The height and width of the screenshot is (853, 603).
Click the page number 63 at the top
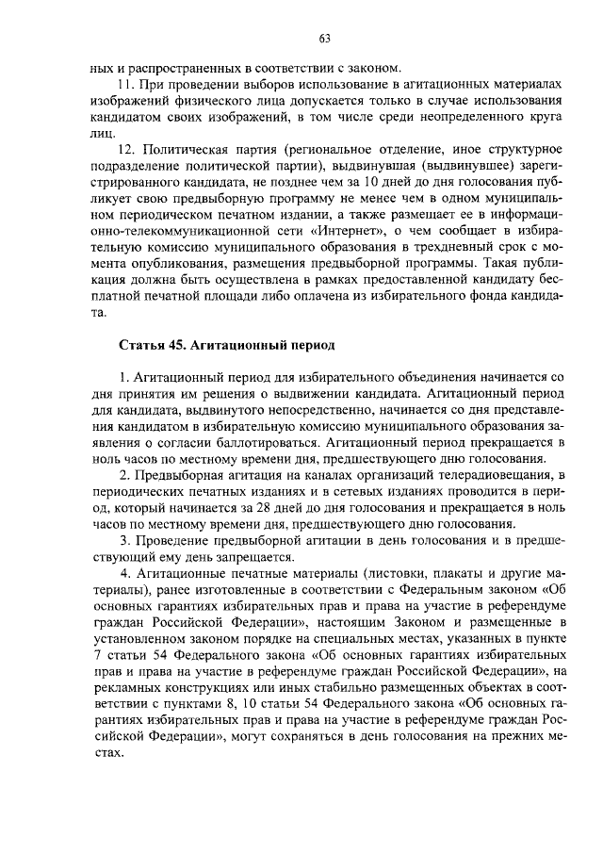(324, 39)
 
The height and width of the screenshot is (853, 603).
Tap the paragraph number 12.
(125, 151)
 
